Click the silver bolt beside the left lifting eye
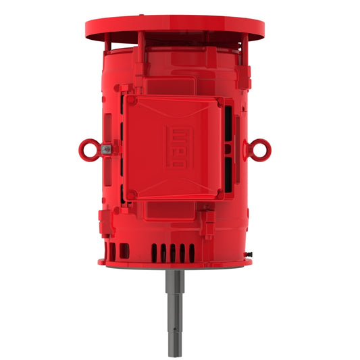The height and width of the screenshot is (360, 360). pos(106,150)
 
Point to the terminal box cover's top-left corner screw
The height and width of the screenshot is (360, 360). pos(132,101)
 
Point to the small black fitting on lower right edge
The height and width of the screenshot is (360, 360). pos(250,254)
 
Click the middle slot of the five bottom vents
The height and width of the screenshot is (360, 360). pos(173,252)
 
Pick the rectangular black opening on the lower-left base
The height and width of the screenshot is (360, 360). pos(124,253)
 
